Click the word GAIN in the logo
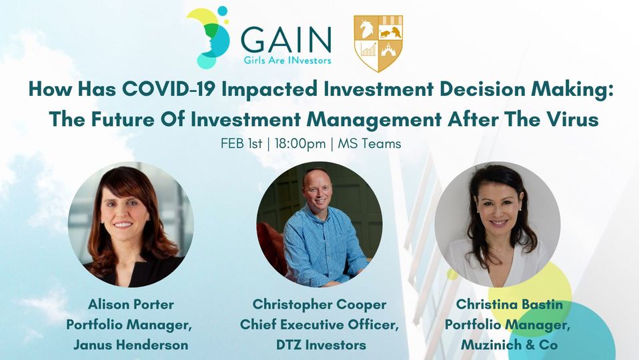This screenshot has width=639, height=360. tap(285, 40)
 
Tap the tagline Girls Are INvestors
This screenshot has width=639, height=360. tap(287, 61)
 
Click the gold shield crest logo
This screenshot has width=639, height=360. tap(378, 43)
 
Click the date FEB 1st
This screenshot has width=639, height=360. tap(241, 144)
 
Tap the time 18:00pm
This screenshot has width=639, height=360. tap(300, 144)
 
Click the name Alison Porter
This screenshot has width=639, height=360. tap(131, 304)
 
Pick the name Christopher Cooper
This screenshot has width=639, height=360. tap(319, 305)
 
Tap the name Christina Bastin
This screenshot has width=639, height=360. tap(509, 304)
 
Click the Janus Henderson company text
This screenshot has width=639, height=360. tap(131, 345)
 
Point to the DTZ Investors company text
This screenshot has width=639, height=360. tap(321, 345)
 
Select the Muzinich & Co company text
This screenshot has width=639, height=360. tap(509, 345)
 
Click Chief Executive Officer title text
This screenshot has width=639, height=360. tap(319, 325)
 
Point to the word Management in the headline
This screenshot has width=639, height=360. tap(374, 119)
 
